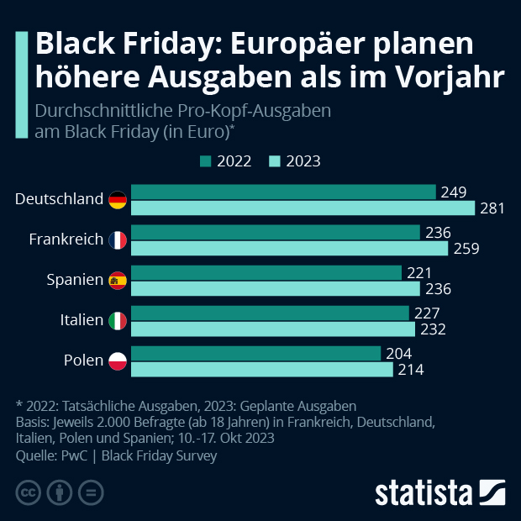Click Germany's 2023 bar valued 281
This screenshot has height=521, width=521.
[x=303, y=208]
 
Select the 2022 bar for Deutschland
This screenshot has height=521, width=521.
[x=283, y=192]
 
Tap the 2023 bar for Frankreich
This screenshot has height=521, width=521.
[x=290, y=249]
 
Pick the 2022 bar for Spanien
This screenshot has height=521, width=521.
[x=266, y=272]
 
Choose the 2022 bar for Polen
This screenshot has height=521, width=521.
[x=256, y=353]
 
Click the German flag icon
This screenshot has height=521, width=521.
[x=118, y=200]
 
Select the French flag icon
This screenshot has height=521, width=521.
[x=118, y=240]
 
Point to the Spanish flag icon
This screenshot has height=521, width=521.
[x=118, y=281]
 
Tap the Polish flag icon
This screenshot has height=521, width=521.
[x=118, y=361]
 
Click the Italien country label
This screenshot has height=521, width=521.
[x=82, y=321]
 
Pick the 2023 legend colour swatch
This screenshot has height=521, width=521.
[x=273, y=161]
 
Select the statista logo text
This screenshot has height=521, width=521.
[x=424, y=491]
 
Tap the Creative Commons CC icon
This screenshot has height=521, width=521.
[x=29, y=492]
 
